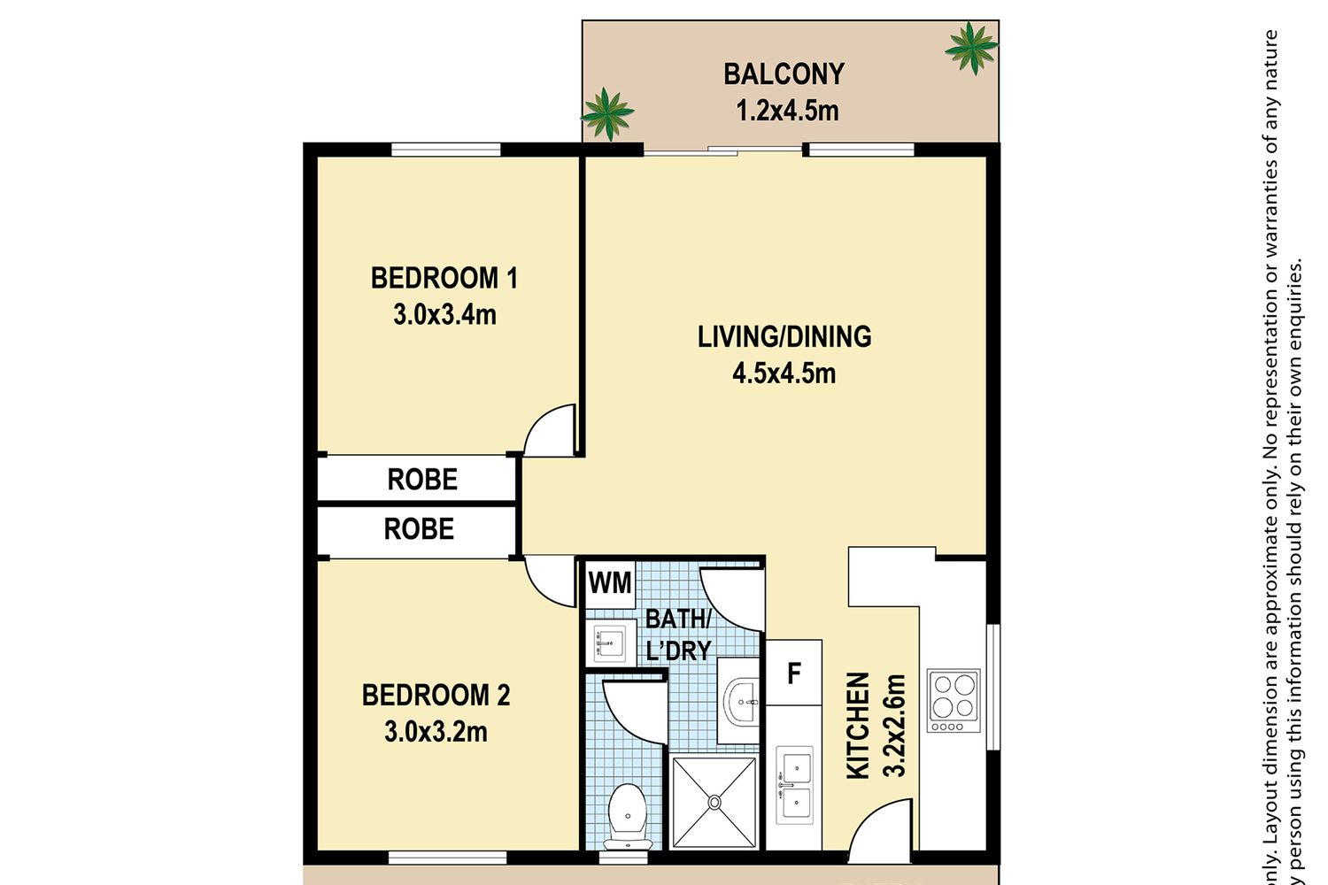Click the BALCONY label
tap(784, 74)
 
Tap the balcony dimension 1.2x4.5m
tap(787, 111)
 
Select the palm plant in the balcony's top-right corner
tap(971, 48)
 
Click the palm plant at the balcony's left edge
tap(606, 114)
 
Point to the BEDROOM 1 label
tap(444, 278)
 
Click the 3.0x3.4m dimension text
tap(444, 315)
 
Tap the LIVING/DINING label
tap(784, 336)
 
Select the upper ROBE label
tap(422, 480)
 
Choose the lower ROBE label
tap(419, 528)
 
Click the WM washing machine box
tap(610, 584)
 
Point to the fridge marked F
tap(793, 673)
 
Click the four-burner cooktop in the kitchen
tap(954, 701)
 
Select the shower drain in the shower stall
tap(714, 802)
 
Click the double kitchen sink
tap(794, 785)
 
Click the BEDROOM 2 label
tap(436, 696)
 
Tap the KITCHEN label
tap(857, 726)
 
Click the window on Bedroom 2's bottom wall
tap(448, 858)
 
